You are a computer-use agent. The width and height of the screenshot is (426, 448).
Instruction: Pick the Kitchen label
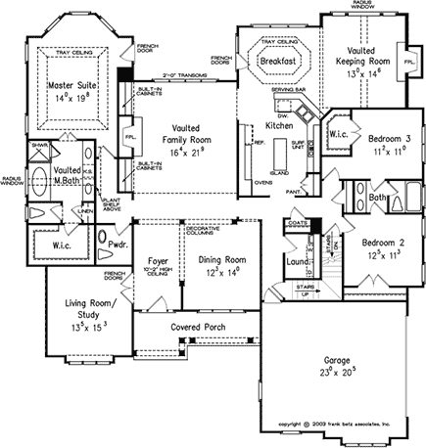point(279,126)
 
